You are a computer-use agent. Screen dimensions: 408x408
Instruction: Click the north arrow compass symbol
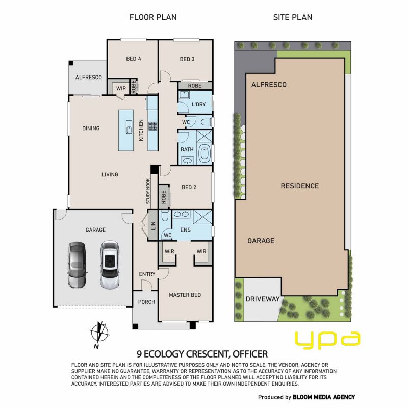(x=99, y=333)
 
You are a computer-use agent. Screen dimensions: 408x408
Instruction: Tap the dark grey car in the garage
(x=77, y=265)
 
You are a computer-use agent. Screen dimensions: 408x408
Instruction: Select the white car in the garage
(x=110, y=265)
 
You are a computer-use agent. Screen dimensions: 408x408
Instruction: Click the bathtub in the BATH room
(x=205, y=154)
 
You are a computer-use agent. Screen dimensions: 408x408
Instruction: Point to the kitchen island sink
(x=129, y=127)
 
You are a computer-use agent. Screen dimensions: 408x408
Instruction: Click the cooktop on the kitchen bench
(x=152, y=126)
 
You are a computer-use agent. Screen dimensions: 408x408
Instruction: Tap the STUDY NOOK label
(x=148, y=191)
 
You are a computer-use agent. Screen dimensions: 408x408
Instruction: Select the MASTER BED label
(x=185, y=295)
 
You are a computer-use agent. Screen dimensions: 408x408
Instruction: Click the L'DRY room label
(x=198, y=104)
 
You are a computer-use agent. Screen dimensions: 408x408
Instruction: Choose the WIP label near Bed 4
(x=121, y=88)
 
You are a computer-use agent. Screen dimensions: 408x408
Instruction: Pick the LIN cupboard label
(x=154, y=225)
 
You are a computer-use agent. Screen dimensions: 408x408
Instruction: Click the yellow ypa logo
(x=327, y=340)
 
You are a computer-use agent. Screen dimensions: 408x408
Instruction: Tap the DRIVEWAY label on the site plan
(x=263, y=299)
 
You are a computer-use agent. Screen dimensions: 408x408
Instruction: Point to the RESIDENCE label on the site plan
(x=300, y=186)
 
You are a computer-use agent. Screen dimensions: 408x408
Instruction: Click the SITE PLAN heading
(x=292, y=17)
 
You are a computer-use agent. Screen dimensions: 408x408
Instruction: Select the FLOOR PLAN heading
(x=153, y=17)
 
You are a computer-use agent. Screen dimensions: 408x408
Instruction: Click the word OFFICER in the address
(x=250, y=354)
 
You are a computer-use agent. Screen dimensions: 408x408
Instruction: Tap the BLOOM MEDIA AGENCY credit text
(x=324, y=397)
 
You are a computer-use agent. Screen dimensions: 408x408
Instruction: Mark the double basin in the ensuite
(x=182, y=214)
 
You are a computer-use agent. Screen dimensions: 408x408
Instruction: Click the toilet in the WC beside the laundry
(x=207, y=122)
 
